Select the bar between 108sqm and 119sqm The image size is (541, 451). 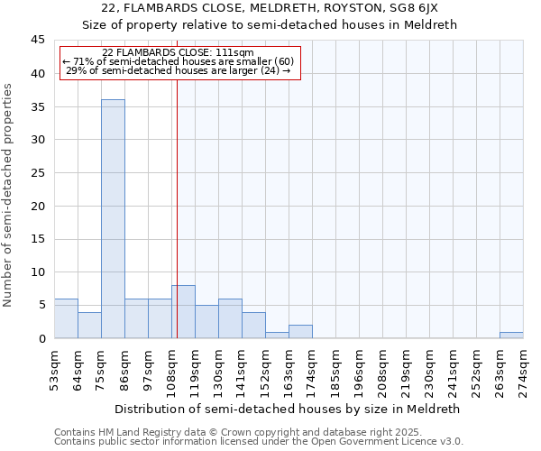(x=183, y=312)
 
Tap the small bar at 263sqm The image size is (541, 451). (x=511, y=335)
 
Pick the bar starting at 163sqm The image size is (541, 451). (x=300, y=332)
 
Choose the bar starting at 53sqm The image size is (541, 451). (x=66, y=318)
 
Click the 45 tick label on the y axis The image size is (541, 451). (x=38, y=41)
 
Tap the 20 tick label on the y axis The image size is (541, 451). (x=38, y=206)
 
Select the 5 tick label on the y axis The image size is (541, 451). (x=41, y=305)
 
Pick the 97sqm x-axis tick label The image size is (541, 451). (x=148, y=368)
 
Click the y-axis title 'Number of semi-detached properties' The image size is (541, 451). (x=9, y=195)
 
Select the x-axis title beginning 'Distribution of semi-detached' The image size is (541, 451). (x=289, y=409)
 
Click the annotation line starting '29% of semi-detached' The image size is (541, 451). (x=179, y=70)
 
